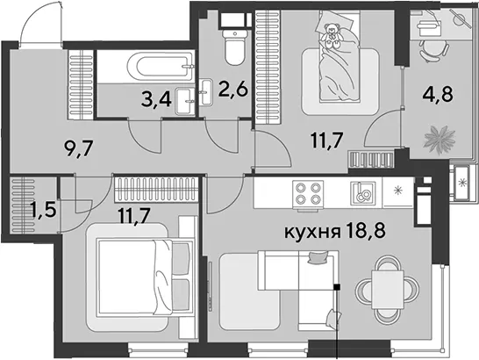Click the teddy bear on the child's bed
(x=331, y=35)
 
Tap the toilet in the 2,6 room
(x=235, y=47)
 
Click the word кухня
(x=312, y=233)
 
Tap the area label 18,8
(x=367, y=231)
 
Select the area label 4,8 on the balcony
(x=437, y=94)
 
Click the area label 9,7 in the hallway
(x=79, y=149)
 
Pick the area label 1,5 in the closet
(x=43, y=210)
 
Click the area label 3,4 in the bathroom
(x=156, y=100)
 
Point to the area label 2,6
(x=232, y=90)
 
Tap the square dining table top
(x=388, y=290)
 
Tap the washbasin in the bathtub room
(x=185, y=101)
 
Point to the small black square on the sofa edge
(x=337, y=286)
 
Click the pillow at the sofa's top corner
(x=318, y=256)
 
